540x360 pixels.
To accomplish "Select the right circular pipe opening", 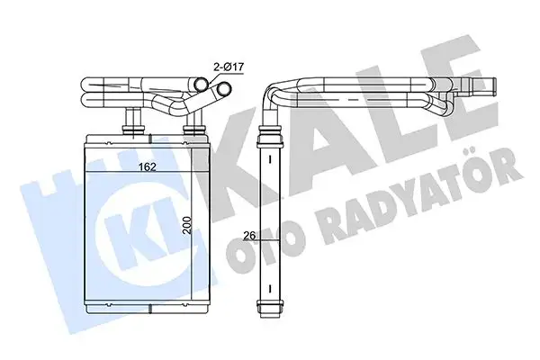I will [x=220, y=89].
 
